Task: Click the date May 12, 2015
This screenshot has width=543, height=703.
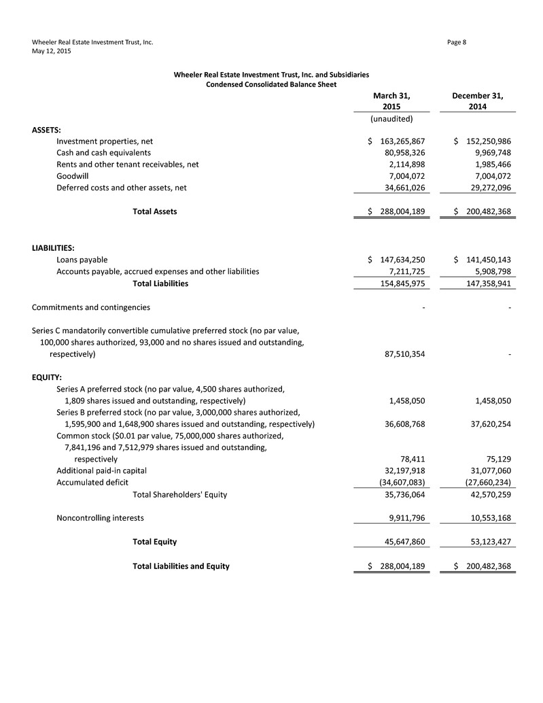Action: tap(51, 51)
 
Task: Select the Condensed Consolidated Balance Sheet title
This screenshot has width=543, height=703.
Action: tap(272, 84)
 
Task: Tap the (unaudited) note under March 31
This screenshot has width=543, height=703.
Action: tap(391, 119)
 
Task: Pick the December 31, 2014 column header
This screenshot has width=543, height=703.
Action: tap(482, 101)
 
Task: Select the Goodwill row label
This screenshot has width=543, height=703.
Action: tap(74, 176)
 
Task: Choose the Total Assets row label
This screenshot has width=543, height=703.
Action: tap(154, 211)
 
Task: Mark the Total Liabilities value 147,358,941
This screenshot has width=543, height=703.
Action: tap(481, 284)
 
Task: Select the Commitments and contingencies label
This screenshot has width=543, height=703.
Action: tap(91, 307)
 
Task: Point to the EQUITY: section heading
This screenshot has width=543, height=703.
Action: tap(47, 377)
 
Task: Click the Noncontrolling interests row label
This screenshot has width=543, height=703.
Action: tap(100, 518)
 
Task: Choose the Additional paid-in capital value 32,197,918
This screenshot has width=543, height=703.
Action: tap(400, 470)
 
